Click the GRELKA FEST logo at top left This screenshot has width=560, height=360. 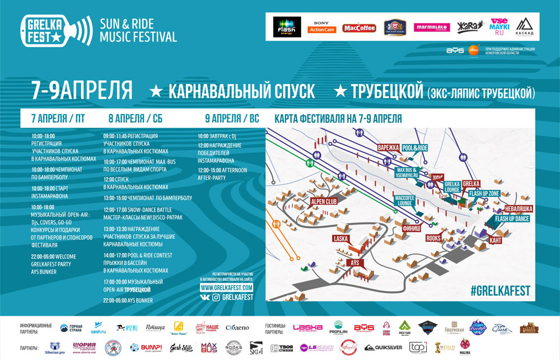[56, 29]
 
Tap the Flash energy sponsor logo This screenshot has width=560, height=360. [287, 26]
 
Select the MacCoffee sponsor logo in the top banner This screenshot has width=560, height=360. [359, 27]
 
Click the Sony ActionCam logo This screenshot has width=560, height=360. [323, 26]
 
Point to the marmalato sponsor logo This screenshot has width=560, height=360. [432, 27]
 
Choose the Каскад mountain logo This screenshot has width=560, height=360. [525, 27]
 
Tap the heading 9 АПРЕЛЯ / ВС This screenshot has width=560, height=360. [231, 118]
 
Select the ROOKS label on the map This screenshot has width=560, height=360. [434, 238]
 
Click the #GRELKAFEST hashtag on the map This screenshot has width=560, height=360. [500, 291]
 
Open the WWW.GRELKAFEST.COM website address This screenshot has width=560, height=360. [227, 287]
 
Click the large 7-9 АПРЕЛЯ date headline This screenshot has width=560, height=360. [82, 90]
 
